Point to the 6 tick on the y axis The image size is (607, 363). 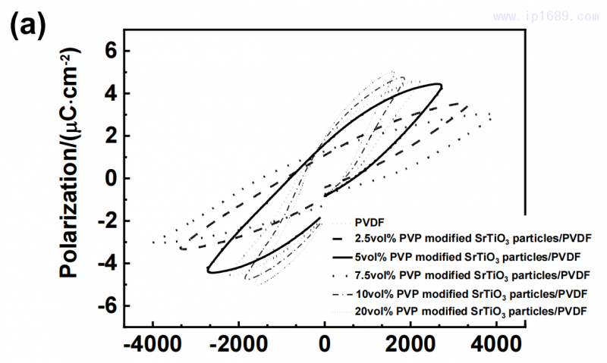tap(112, 52)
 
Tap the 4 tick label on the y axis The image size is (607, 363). tap(112, 94)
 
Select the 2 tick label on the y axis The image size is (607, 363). tap(112, 136)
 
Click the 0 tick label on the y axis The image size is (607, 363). tap(112, 179)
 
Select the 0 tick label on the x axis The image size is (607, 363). tap(325, 348)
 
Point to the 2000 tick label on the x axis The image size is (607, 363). tap(410, 348)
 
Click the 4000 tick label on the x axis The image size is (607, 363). tap(497, 348)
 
